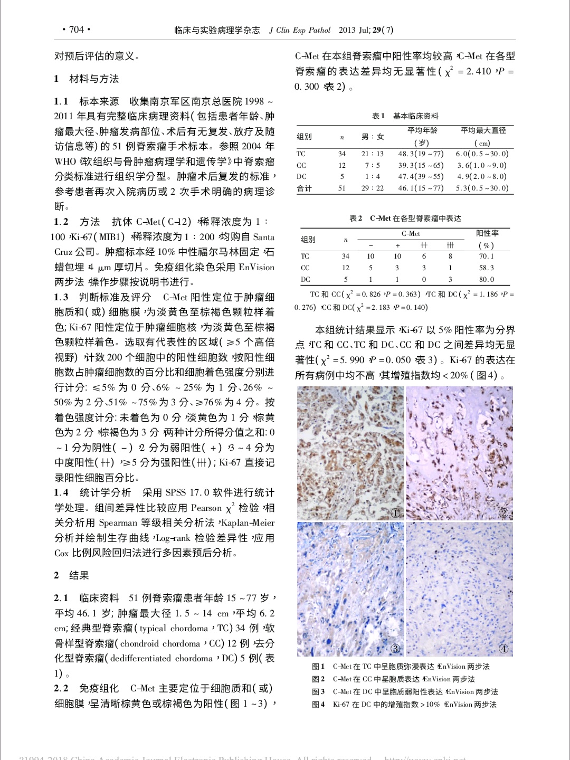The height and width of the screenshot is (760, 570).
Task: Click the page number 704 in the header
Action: coord(77,30)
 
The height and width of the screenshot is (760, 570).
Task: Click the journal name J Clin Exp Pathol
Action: coord(300,30)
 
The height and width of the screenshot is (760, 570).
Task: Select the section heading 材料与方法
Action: coord(94,79)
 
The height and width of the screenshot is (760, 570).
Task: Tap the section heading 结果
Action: coord(79,575)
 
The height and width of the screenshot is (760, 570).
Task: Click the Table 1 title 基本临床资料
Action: coord(415,116)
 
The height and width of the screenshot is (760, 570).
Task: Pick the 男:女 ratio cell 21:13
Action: coord(373,154)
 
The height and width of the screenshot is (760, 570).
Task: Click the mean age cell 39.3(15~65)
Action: coord(421,165)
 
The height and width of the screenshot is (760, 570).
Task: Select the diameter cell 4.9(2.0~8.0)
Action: coord(482,177)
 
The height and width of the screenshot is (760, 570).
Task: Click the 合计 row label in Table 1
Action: coord(304,188)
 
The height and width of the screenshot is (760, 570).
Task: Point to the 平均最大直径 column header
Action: coord(483,130)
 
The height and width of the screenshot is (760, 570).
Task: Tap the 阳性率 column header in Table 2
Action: coord(487,233)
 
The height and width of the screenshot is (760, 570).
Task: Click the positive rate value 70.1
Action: coord(486,256)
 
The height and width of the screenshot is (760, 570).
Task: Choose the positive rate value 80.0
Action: coord(486,280)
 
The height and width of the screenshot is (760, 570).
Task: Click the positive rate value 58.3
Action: coord(486,268)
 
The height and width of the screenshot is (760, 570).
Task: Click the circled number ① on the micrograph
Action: coord(395,513)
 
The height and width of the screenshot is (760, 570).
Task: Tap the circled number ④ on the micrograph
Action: coord(503,649)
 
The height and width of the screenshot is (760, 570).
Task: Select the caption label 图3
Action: coord(318,692)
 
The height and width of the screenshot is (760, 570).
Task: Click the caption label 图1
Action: coord(318,667)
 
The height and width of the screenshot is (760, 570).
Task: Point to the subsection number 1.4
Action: coord(61,493)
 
